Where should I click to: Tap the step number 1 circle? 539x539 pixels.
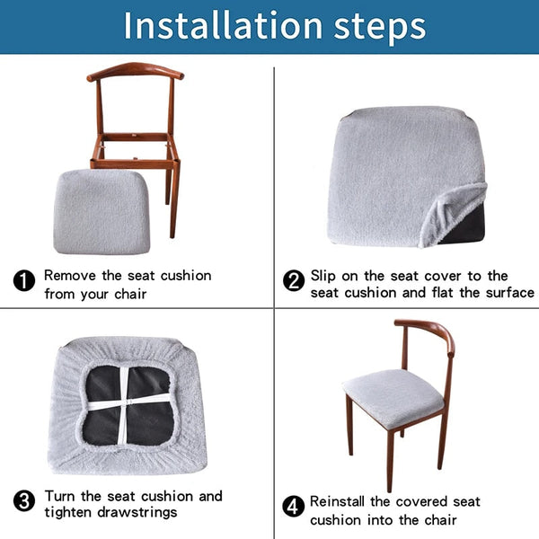24,281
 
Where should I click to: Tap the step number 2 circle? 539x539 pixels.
294,281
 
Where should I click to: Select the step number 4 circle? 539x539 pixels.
294,507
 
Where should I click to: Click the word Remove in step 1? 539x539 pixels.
70,275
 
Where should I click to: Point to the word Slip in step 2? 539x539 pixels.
325,275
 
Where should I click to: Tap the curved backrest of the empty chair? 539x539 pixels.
135,71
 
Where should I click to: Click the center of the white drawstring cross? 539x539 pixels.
124,405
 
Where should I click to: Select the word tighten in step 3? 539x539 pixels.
70,512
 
